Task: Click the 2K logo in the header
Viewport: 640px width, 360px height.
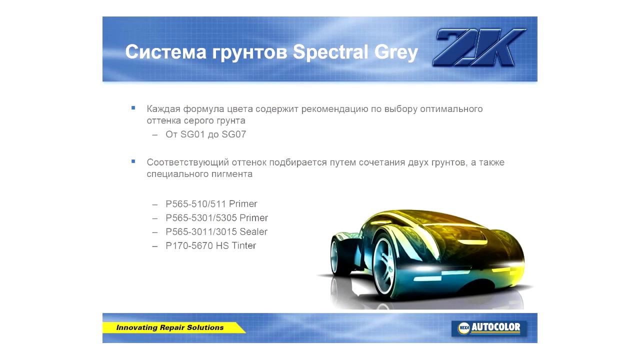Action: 479,48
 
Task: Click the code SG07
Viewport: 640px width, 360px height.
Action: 233,134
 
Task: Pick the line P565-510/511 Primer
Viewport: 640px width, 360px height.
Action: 211,204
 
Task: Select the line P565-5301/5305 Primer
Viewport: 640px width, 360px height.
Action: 216,218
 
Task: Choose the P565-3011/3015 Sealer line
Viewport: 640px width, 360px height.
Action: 216,232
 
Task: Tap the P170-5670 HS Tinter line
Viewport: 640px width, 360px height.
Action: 210,245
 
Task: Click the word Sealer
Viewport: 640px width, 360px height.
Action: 253,232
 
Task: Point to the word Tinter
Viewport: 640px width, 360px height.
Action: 243,245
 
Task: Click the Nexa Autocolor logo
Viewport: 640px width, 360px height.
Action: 489,328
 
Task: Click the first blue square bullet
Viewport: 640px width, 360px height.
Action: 133,108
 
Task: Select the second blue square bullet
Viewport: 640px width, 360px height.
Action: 133,161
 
